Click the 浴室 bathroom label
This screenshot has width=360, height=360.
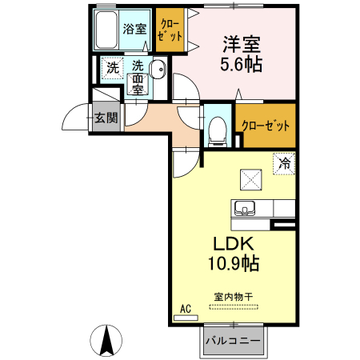(x=134, y=30)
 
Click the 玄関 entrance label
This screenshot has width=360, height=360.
(x=105, y=118)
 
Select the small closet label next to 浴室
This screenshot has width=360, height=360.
(x=169, y=29)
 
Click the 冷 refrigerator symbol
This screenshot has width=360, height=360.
(x=284, y=162)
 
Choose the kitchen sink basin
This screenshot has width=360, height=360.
(x=244, y=209)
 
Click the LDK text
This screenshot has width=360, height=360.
(x=231, y=243)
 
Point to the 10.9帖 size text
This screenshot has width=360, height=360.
(x=231, y=262)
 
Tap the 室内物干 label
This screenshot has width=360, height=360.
(x=233, y=297)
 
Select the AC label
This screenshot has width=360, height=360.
(x=186, y=309)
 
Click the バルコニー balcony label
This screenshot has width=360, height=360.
(x=232, y=341)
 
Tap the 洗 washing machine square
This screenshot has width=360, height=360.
(x=113, y=69)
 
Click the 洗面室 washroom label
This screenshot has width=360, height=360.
(x=138, y=78)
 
